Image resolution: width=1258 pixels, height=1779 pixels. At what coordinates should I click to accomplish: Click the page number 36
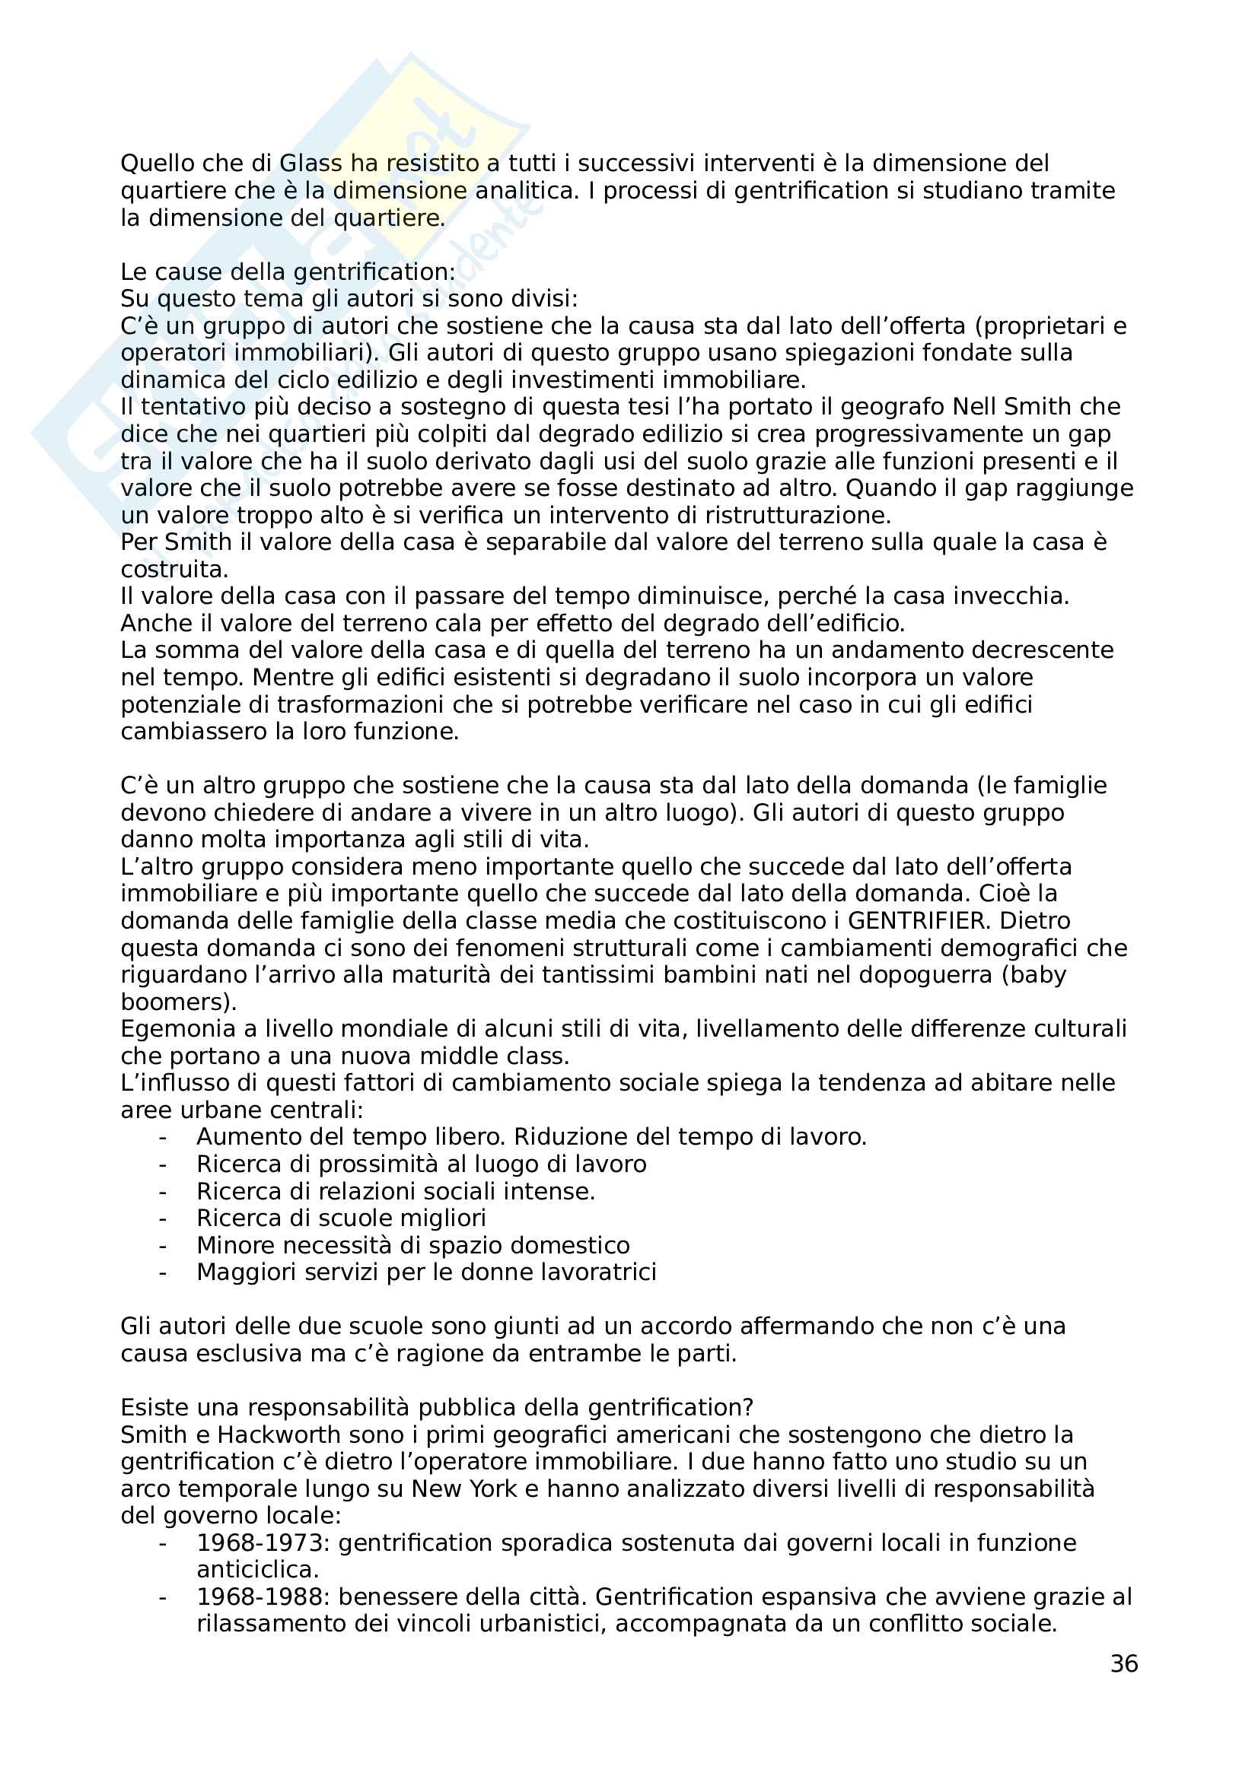point(1123,1663)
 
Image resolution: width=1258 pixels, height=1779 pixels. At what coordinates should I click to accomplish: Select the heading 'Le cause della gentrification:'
point(288,272)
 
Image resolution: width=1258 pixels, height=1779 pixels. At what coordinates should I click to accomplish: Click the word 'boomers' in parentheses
point(174,1002)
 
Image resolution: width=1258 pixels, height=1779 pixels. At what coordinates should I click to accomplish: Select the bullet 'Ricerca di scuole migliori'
point(341,1218)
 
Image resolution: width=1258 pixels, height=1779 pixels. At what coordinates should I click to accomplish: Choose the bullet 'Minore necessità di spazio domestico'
point(412,1245)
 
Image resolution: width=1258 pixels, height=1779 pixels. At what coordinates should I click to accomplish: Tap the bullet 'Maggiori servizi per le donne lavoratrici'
point(426,1272)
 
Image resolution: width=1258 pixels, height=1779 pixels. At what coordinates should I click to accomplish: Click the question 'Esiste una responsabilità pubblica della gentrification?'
point(437,1408)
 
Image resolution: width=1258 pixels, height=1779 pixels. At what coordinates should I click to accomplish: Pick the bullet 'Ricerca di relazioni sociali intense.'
point(395,1191)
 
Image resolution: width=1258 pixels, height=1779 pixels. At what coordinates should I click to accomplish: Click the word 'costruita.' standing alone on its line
point(174,570)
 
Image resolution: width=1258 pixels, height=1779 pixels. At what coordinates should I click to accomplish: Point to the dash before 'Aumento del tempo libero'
point(163,1137)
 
